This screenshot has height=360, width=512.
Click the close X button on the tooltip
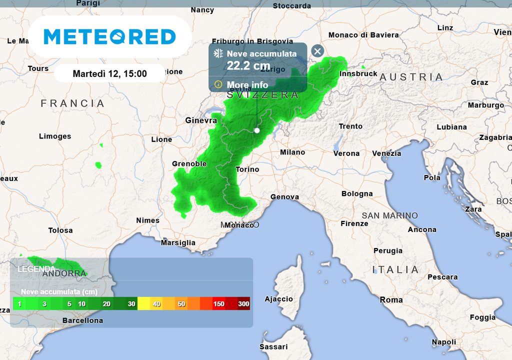click(317, 51)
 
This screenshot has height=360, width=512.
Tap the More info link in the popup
click(247, 85)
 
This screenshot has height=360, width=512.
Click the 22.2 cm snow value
click(248, 65)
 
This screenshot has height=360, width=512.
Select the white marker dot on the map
click(257, 130)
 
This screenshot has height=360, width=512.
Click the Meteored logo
click(110, 36)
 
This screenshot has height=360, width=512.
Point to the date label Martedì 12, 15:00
click(110, 73)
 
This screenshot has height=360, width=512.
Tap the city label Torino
click(247, 169)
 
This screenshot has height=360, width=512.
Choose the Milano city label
click(292, 152)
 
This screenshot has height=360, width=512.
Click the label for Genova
click(285, 197)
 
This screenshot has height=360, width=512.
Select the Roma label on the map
click(391, 300)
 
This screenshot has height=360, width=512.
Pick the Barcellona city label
click(82, 320)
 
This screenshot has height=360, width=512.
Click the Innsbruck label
click(358, 74)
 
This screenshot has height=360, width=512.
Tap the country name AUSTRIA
click(411, 77)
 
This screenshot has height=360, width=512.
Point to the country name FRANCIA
click(73, 103)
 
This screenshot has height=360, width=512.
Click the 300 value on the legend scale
click(244, 304)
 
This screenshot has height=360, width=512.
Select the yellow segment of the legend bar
click(143, 303)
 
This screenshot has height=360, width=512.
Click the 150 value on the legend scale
click(218, 304)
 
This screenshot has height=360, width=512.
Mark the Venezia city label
click(386, 153)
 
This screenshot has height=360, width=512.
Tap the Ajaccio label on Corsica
click(278, 299)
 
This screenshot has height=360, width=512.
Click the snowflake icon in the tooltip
click(218, 53)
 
